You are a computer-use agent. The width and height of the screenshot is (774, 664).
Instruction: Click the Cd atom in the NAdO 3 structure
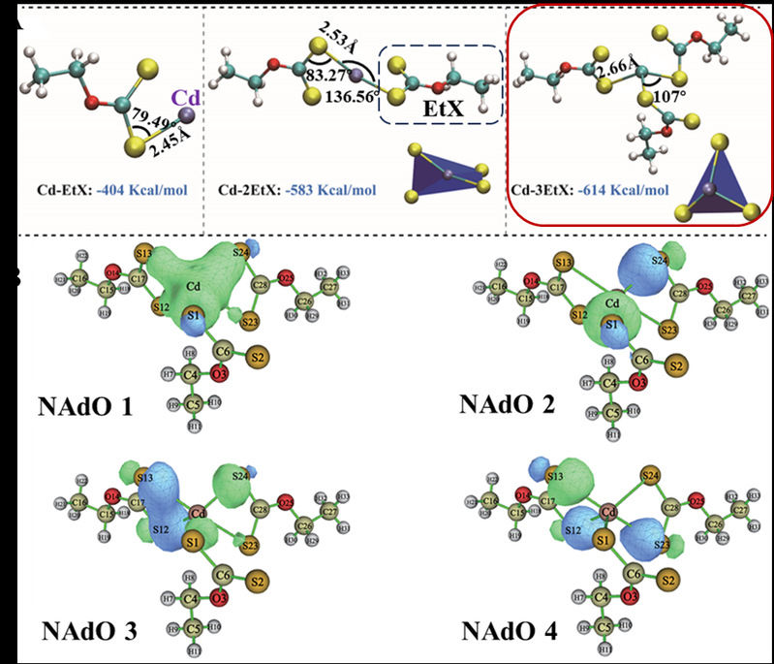[201, 513]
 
